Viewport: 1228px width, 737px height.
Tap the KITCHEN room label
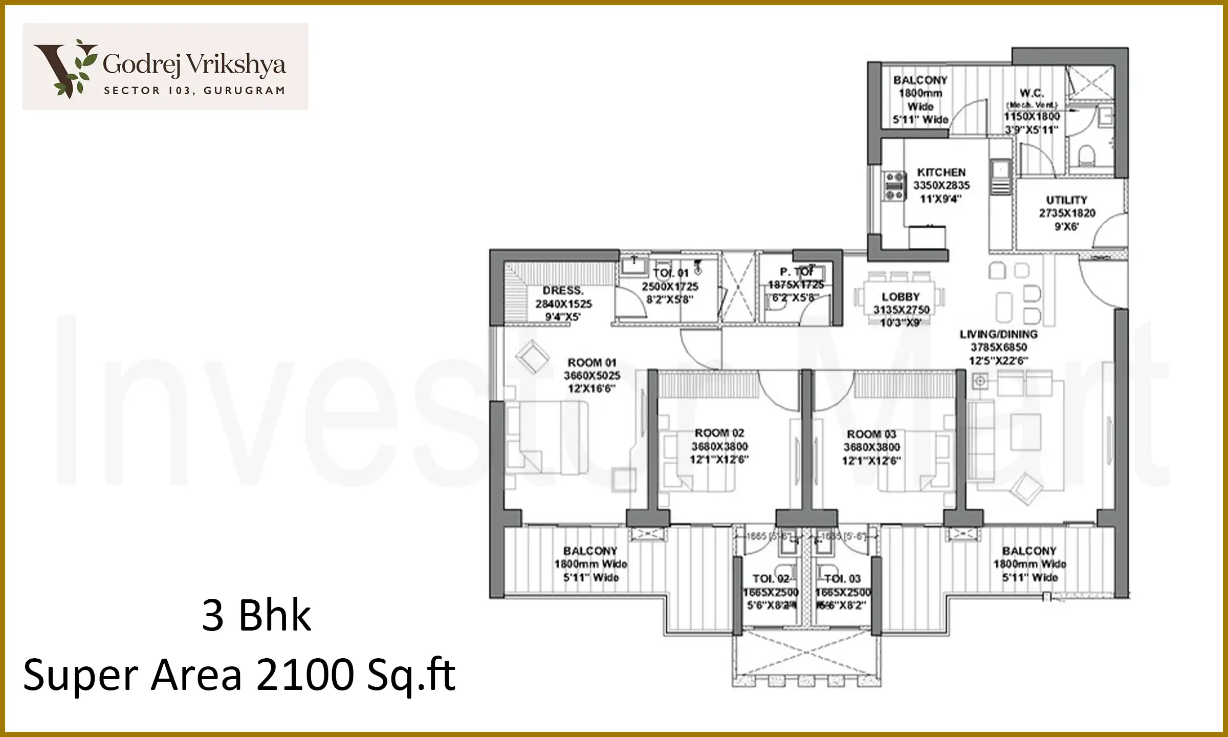[x=941, y=172]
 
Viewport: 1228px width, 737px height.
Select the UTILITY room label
[x=1066, y=200]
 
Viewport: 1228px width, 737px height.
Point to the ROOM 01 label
[x=591, y=363]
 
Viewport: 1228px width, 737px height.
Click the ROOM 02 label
[x=719, y=433]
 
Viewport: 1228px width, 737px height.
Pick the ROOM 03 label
[x=871, y=435]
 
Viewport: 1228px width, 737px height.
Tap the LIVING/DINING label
[x=998, y=335]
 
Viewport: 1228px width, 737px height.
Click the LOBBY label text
[x=901, y=297]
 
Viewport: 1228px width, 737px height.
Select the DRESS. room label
[x=563, y=291]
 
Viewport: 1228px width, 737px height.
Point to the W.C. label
[x=1032, y=93]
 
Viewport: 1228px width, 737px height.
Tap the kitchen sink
[x=999, y=168]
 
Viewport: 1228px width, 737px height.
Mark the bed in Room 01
[x=545, y=438]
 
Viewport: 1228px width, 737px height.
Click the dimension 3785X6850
[x=998, y=348]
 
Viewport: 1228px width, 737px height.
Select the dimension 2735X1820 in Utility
[x=1067, y=213]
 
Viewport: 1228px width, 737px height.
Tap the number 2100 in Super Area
[x=305, y=675]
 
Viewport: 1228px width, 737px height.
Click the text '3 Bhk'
[x=256, y=616]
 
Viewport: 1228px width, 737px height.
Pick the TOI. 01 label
[x=670, y=273]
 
